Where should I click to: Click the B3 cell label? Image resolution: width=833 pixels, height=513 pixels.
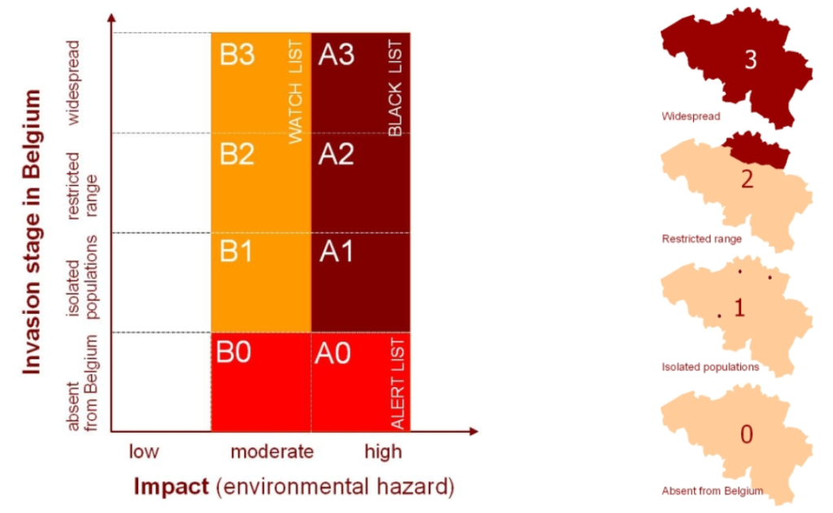(237, 54)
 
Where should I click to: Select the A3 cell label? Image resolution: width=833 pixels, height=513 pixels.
(336, 54)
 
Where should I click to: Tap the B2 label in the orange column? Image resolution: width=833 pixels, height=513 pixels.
(237, 154)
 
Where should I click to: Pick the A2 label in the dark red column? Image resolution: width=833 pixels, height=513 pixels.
(336, 154)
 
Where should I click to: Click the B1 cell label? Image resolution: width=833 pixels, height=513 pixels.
(236, 251)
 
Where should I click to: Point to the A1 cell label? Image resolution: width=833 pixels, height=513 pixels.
(336, 251)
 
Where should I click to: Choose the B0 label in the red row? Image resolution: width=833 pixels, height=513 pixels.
(233, 352)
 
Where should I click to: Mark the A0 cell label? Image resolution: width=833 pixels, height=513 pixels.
(333, 353)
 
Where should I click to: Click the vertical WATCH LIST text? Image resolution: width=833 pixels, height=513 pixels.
(294, 91)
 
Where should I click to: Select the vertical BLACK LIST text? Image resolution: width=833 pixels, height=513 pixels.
(395, 88)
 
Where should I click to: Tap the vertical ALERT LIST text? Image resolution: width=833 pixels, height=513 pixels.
(397, 384)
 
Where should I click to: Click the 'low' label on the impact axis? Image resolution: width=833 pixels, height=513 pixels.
(144, 451)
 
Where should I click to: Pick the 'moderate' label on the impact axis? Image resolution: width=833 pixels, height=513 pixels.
(272, 451)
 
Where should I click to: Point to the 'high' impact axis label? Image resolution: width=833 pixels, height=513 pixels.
(383, 452)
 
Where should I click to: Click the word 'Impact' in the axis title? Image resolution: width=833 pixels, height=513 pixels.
(171, 486)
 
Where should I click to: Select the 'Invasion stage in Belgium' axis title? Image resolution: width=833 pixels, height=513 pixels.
(32, 232)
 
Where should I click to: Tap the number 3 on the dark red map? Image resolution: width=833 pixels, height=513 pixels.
(751, 60)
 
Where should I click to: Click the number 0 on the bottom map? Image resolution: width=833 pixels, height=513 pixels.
(747, 434)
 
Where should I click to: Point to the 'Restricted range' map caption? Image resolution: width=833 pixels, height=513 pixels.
(702, 239)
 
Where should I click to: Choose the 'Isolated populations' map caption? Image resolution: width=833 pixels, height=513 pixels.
(710, 367)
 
